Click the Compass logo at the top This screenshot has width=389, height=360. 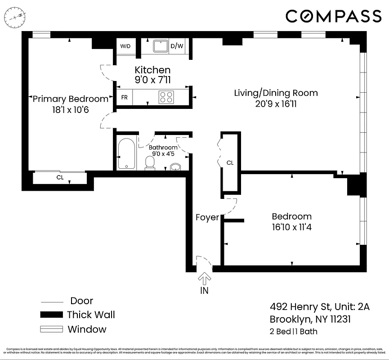click(333, 16)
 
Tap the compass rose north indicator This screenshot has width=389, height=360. click(15, 17)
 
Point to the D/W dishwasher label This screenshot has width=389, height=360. click(177, 46)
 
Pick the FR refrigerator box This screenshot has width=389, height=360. click(124, 97)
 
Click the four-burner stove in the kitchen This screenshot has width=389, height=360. click(166, 97)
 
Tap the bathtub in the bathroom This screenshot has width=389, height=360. click(126, 154)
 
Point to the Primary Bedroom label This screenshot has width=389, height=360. click(71, 99)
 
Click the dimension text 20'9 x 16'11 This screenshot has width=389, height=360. click(276, 104)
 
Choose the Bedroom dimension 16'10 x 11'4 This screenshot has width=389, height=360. click(291, 227)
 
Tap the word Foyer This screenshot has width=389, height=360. click(207, 218)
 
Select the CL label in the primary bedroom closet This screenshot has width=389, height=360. click(60, 178)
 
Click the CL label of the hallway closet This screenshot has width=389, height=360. click(230, 163)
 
